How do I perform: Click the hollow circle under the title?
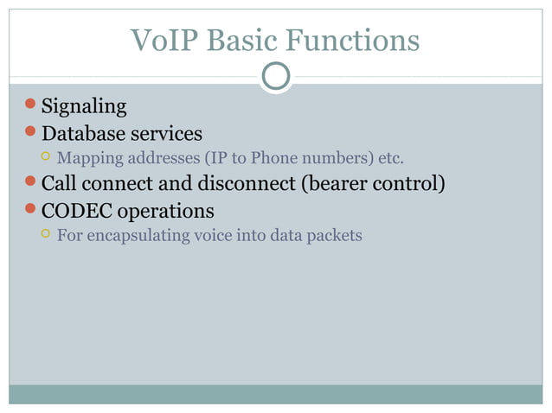pyautogui.click(x=276, y=76)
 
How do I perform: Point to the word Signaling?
pyautogui.click(x=84, y=107)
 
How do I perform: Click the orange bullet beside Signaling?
pyautogui.click(x=30, y=106)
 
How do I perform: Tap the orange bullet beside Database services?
pyautogui.click(x=30, y=133)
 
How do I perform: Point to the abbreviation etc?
pyautogui.click(x=389, y=159)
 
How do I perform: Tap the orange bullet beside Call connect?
pyautogui.click(x=30, y=183)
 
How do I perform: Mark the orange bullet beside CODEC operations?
pyautogui.click(x=30, y=209)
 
